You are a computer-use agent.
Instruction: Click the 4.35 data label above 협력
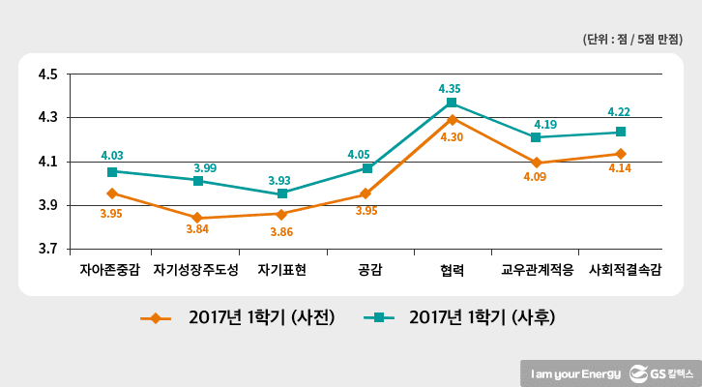(x=451, y=88)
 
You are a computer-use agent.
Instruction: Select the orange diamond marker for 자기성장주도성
(x=197, y=218)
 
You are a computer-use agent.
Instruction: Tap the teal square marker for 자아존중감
(x=112, y=171)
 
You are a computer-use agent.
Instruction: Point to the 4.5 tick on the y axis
(x=46, y=74)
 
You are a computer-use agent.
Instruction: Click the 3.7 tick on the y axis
(x=46, y=249)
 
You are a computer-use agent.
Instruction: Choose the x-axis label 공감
(x=366, y=271)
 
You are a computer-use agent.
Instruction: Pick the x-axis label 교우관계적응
(x=537, y=271)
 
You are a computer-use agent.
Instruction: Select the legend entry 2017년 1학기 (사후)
(x=459, y=316)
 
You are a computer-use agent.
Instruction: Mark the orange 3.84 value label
(x=197, y=231)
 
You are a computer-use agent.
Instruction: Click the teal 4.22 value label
(x=621, y=112)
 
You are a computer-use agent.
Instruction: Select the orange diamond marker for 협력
(x=452, y=119)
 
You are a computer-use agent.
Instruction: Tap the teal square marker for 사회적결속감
(x=621, y=132)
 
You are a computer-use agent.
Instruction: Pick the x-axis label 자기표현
(x=281, y=271)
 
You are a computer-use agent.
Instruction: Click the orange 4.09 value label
(x=536, y=177)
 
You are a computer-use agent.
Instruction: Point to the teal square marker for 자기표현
(x=282, y=193)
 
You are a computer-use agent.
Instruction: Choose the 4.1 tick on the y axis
(x=46, y=162)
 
